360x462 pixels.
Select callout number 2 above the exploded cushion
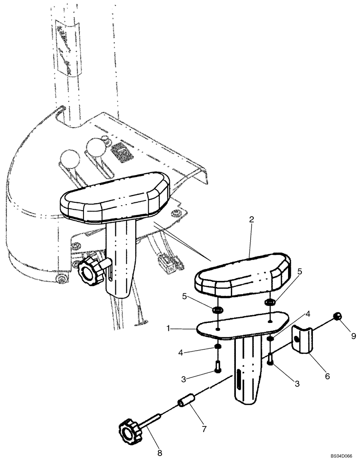point(252,220)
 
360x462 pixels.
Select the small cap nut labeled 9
point(338,316)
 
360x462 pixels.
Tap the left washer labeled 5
point(219,308)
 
